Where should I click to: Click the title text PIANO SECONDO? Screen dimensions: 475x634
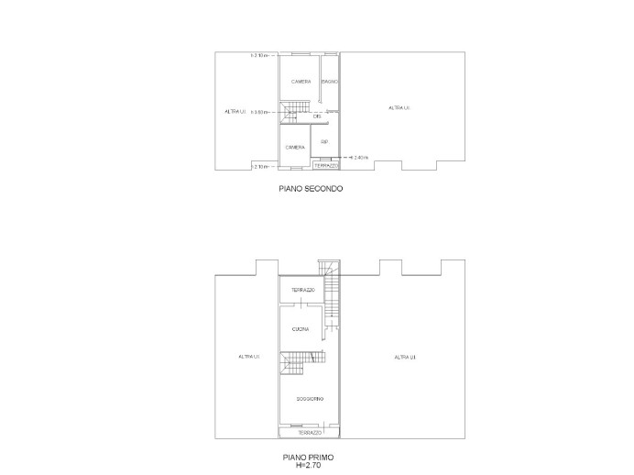[x=312, y=190]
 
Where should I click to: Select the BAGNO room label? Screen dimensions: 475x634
[x=331, y=83]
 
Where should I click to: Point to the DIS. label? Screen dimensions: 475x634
[x=317, y=116]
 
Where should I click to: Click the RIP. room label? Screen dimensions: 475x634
[x=324, y=142]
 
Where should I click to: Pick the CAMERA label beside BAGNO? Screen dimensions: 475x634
[x=301, y=83]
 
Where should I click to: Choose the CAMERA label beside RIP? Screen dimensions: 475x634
[x=295, y=148]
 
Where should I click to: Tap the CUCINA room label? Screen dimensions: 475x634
[x=301, y=328]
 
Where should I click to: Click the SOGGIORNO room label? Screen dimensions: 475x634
[x=309, y=399]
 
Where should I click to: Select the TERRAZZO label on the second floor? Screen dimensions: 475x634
[x=326, y=166]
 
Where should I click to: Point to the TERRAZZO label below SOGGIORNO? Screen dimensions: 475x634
[x=309, y=432]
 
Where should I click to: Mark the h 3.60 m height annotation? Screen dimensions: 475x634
[x=259, y=113]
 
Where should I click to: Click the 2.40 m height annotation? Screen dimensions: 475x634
[x=358, y=158]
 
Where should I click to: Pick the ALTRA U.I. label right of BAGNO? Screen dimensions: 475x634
[x=399, y=108]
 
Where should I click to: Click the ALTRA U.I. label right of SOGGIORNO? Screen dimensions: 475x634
[x=404, y=357]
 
